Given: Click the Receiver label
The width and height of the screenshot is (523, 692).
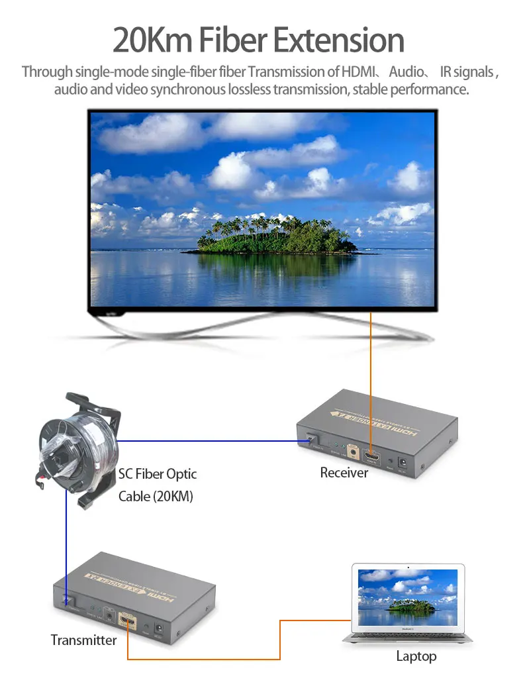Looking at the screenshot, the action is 344,473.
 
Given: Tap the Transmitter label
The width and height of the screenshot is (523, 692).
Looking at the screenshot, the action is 83,640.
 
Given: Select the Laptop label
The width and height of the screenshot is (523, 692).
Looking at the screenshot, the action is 416,656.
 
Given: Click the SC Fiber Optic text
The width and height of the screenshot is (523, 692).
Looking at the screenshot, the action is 158,474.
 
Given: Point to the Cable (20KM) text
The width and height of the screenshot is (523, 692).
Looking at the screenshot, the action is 156,496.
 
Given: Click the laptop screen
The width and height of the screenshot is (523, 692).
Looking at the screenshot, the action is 408,597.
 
